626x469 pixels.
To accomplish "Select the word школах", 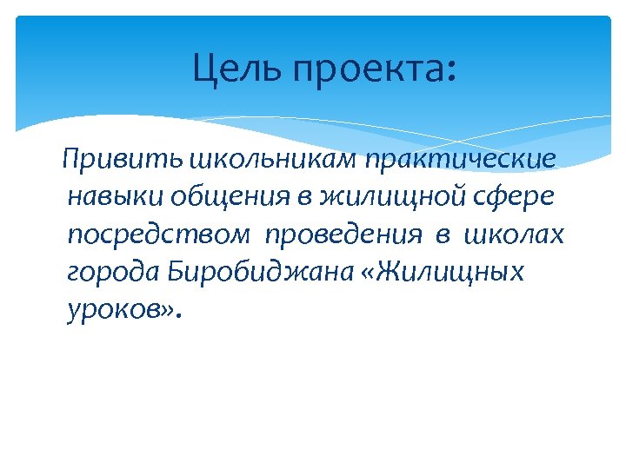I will pos(515,234).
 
